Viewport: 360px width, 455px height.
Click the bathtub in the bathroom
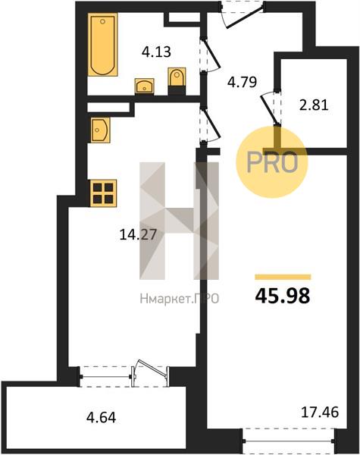[x=102, y=45]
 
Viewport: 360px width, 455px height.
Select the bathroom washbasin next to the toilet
[x=145, y=86]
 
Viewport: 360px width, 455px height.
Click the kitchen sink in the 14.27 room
[x=100, y=130]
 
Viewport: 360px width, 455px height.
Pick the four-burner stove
[x=104, y=193]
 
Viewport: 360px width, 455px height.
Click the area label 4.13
[x=156, y=52]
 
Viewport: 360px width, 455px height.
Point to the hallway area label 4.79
[x=243, y=82]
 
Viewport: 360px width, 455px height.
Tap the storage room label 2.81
[x=314, y=105]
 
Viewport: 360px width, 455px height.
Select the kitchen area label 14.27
[x=138, y=234]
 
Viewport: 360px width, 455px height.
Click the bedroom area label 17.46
[x=320, y=412]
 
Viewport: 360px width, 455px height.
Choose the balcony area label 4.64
[x=102, y=418]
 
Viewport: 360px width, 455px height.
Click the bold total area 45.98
[x=283, y=296]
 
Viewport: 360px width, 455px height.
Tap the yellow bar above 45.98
[x=283, y=277]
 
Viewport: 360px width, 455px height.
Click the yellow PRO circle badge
[x=271, y=162]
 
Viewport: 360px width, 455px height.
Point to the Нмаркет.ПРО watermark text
[x=180, y=299]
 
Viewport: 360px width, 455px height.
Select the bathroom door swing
[x=210, y=55]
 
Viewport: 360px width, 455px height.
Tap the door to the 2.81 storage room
[x=271, y=108]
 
